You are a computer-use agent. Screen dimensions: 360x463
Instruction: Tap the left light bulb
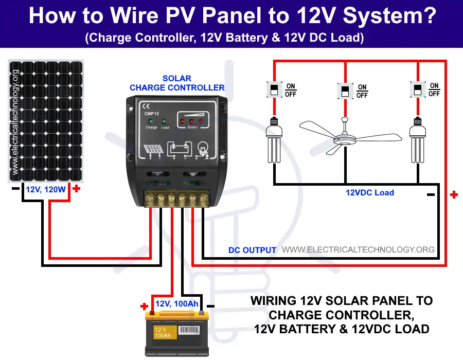coord(273,141)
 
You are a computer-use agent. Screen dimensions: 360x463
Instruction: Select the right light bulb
coord(417,141)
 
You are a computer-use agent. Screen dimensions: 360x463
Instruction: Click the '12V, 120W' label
coord(46,190)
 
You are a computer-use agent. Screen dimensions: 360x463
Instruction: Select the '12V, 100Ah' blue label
coord(176,304)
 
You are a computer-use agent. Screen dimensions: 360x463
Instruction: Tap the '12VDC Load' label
coord(369,193)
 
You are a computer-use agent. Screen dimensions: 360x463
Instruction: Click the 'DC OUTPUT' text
coord(252,250)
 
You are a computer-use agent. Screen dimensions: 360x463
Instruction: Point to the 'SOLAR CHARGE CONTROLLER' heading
coord(177,83)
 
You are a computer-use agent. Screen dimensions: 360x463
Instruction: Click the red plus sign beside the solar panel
coord(77,189)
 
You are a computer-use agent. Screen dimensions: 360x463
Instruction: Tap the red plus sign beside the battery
coord(145,307)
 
